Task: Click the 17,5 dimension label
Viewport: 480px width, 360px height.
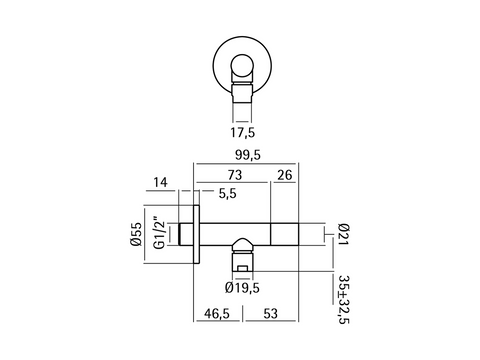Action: tap(242, 133)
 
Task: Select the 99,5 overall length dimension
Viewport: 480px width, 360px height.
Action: tap(248, 155)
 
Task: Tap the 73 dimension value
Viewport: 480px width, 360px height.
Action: tap(235, 175)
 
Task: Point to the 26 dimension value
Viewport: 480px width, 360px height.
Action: tap(285, 175)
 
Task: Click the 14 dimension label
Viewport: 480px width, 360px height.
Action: tap(160, 182)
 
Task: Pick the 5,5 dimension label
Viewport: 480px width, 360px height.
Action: tap(228, 193)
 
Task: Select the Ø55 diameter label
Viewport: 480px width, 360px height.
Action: tap(136, 234)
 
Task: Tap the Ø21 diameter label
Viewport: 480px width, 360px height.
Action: tap(343, 234)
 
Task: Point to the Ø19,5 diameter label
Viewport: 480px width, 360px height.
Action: tap(242, 287)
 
